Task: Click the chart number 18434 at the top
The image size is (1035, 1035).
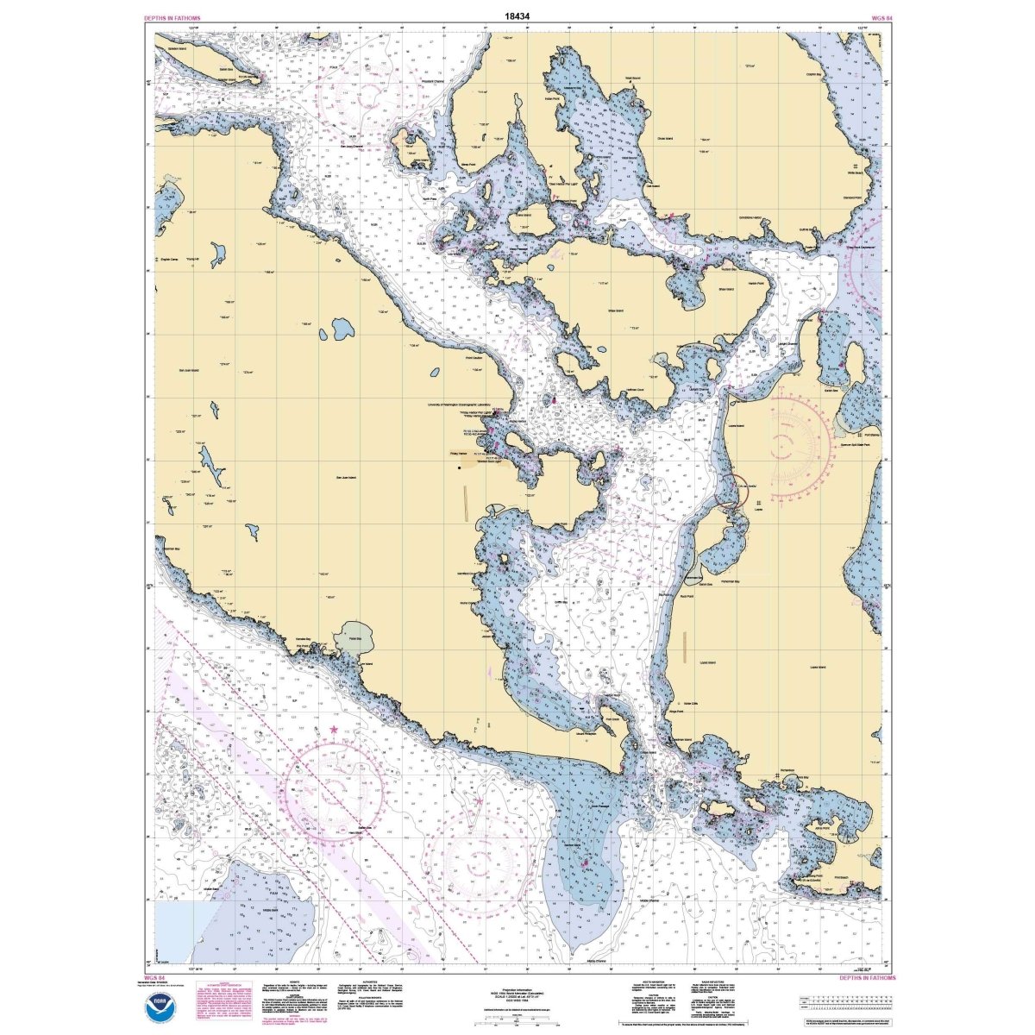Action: click(x=518, y=16)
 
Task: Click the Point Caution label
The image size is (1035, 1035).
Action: click(x=474, y=357)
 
